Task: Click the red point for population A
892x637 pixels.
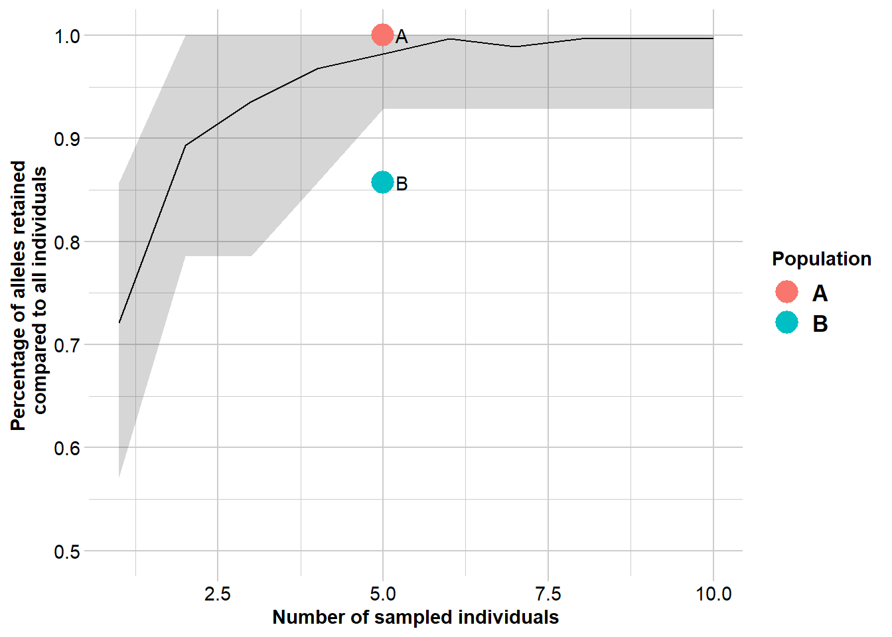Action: click(382, 35)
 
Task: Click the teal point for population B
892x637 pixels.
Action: click(382, 182)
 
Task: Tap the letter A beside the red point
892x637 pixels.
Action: click(402, 37)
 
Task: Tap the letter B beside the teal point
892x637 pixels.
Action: click(402, 184)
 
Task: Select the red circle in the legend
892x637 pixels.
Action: click(786, 292)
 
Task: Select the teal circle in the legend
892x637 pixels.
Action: click(786, 322)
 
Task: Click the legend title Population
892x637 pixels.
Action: click(821, 259)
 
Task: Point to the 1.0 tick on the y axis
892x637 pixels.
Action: click(67, 36)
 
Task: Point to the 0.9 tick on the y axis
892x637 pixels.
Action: click(67, 139)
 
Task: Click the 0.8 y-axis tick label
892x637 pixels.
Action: click(67, 242)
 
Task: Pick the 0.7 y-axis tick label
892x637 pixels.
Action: click(67, 345)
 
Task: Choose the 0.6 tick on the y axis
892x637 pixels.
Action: click(67, 448)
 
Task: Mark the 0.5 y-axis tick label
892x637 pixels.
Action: click(67, 551)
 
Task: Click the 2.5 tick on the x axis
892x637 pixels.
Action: click(218, 593)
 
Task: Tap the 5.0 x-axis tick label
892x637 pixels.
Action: click(383, 593)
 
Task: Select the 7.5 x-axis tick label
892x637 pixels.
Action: click(548, 593)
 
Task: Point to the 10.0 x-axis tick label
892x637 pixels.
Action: click(713, 593)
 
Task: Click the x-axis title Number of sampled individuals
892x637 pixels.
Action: click(415, 617)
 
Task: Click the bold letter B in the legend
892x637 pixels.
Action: click(820, 324)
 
